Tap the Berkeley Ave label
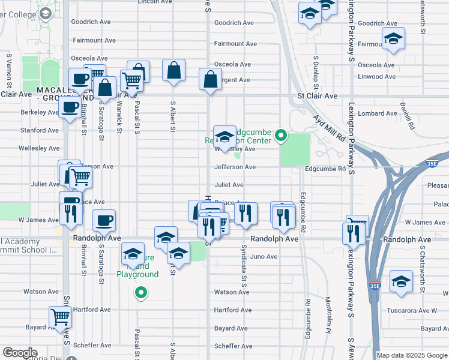[40, 112]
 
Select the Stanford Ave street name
[40, 130]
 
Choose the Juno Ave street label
[264, 257]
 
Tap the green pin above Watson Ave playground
[140, 293]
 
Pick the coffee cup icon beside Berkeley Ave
[70, 107]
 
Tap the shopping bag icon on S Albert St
[173, 70]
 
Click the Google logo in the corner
[20, 353]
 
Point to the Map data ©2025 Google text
[412, 355]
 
